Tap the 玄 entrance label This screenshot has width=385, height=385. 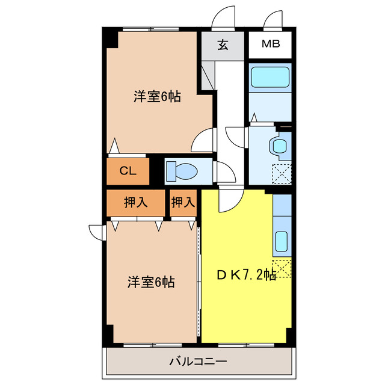[x=223, y=46]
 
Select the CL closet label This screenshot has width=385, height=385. [x=127, y=171]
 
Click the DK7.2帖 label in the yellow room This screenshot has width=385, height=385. [x=246, y=275]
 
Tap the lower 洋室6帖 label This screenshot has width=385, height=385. [x=150, y=282]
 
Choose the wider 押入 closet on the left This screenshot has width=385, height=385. [x=136, y=203]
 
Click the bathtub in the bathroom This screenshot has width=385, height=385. [x=270, y=78]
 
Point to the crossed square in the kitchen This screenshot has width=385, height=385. [x=282, y=268]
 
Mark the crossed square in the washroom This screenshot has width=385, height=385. [x=282, y=173]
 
